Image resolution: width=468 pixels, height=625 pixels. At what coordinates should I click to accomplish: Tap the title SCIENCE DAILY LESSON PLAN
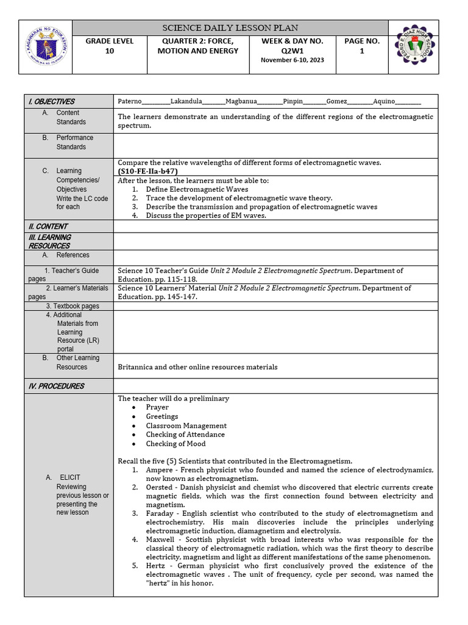click(x=229, y=28)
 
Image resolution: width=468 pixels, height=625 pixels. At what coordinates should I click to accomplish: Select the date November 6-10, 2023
click(x=292, y=60)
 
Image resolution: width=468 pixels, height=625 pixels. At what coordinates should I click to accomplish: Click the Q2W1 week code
click(x=292, y=51)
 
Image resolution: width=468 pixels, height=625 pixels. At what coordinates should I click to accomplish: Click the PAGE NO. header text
click(x=361, y=41)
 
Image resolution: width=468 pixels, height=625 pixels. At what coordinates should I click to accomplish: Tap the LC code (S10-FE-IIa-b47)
click(x=147, y=172)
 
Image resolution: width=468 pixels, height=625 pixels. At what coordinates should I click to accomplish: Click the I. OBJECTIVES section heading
click(x=51, y=101)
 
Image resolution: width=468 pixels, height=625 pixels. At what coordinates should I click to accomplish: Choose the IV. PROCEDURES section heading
click(x=55, y=386)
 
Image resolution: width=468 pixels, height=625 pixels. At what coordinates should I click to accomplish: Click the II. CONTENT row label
click(x=48, y=226)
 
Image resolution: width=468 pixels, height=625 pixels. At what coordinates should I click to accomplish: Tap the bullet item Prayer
click(x=157, y=407)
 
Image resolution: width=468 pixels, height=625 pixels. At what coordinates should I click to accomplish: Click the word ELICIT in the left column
click(x=70, y=477)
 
